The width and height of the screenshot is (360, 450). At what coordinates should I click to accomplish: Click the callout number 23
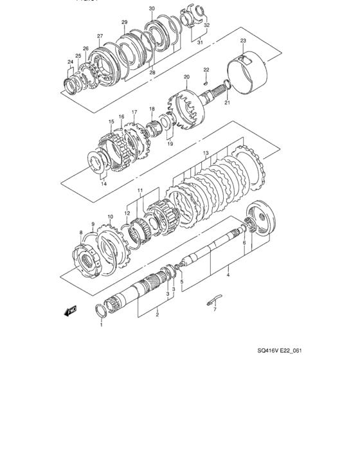pyautogui.click(x=243, y=40)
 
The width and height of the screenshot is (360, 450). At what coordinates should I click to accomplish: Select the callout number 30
pyautogui.click(x=151, y=8)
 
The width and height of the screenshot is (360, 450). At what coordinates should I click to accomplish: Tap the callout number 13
pyautogui.click(x=206, y=153)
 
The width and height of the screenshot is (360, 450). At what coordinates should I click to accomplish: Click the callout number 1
pyautogui.click(x=101, y=325)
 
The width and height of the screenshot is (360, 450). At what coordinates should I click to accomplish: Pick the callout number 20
pyautogui.click(x=186, y=78)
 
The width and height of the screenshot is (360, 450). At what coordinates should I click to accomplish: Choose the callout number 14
pyautogui.click(x=104, y=184)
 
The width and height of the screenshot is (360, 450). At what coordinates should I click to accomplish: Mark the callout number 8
pyautogui.click(x=81, y=232)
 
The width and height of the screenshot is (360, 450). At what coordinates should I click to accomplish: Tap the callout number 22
pyautogui.click(x=206, y=69)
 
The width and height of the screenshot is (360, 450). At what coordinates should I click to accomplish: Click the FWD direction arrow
pyautogui.click(x=70, y=312)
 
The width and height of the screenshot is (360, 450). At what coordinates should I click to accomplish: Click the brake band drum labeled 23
pyautogui.click(x=248, y=74)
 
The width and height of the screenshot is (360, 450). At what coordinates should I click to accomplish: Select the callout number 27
pyautogui.click(x=100, y=36)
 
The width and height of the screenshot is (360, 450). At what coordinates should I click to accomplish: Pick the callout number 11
pyautogui.click(x=139, y=191)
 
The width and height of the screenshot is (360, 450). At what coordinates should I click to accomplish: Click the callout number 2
pyautogui.click(x=156, y=315)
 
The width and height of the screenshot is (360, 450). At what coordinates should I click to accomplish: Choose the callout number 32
pyautogui.click(x=207, y=24)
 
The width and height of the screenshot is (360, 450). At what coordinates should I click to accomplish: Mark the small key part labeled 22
pyautogui.click(x=206, y=81)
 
